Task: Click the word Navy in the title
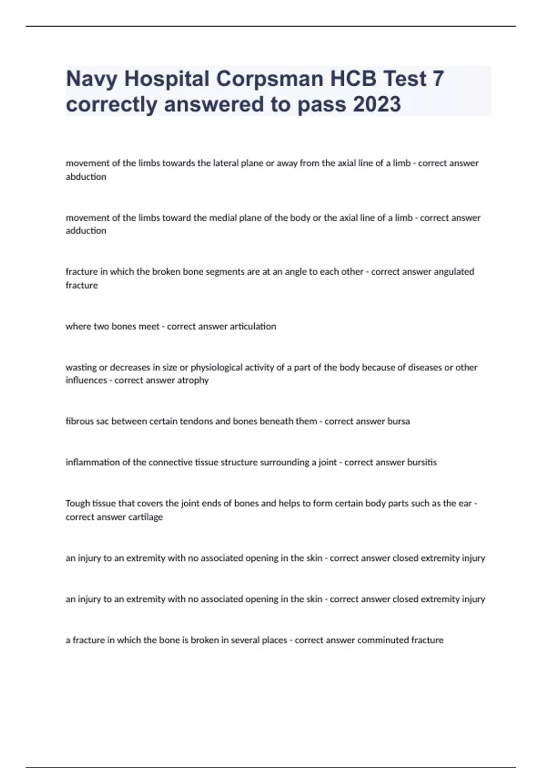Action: pos(92,79)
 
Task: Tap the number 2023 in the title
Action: pos(377,104)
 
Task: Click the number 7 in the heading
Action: pos(438,79)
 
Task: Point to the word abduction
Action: pos(86,177)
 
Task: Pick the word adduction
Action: pos(86,231)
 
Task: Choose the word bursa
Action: pos(398,421)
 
